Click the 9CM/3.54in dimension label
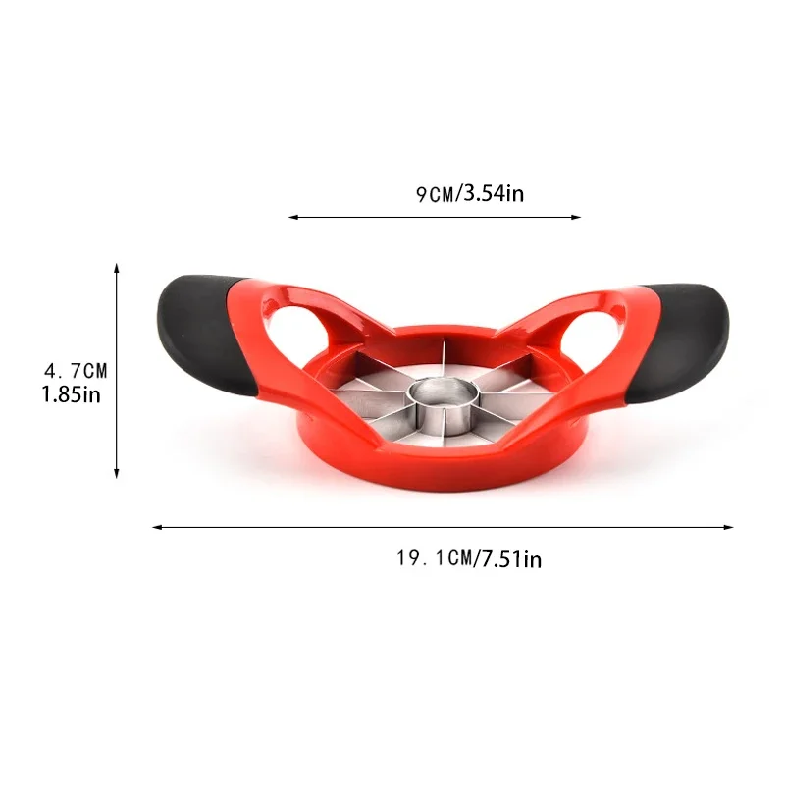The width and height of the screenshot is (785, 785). (x=469, y=193)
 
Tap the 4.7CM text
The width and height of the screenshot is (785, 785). (x=76, y=371)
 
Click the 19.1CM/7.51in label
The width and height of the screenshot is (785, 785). (x=468, y=559)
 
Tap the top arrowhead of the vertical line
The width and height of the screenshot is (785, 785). (x=117, y=268)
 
